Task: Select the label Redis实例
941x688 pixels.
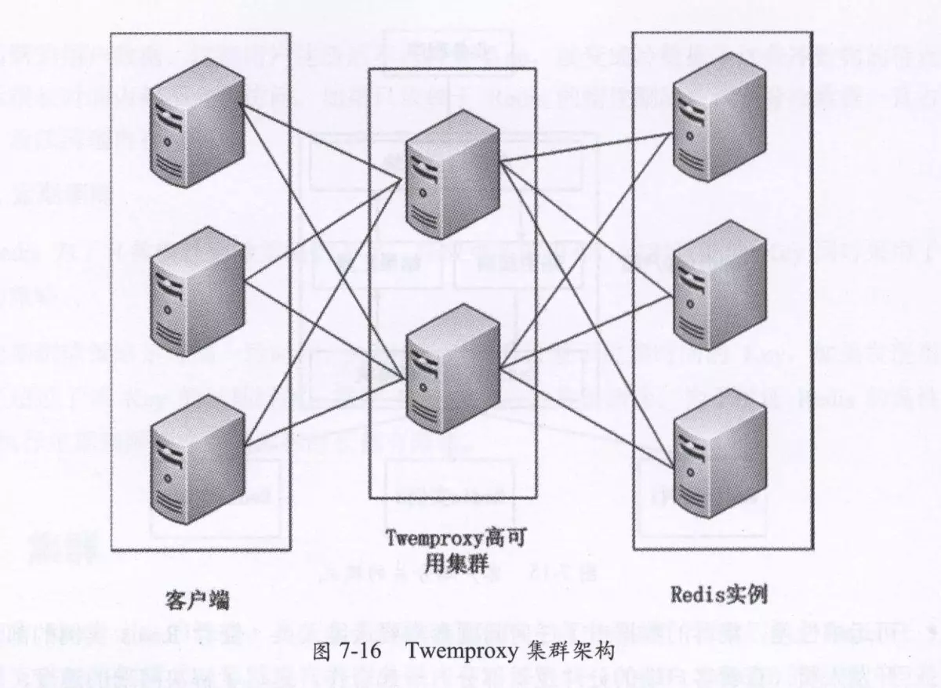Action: (x=718, y=595)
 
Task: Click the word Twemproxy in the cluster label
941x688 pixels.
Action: (x=436, y=540)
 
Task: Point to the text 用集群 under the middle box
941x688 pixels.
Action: (x=453, y=563)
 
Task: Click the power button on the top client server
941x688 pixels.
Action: (x=168, y=142)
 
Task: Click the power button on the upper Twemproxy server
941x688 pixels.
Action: (x=423, y=192)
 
